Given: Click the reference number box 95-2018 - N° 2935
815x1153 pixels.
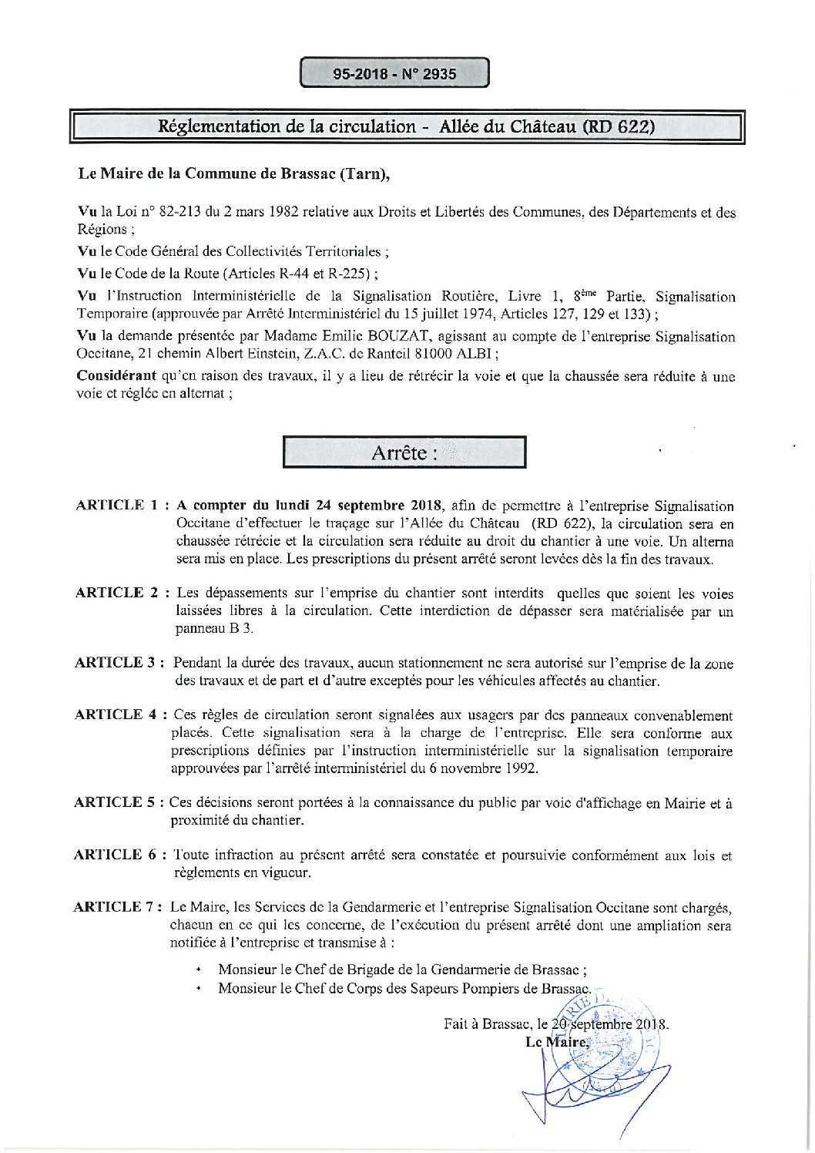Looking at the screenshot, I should point(394,74).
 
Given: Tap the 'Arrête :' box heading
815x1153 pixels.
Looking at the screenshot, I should point(404,452).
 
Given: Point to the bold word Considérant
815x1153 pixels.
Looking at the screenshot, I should point(116,376).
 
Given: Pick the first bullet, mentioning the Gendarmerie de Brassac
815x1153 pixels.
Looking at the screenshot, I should point(402,970).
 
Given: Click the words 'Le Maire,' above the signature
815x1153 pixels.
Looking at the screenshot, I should point(557,1042).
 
